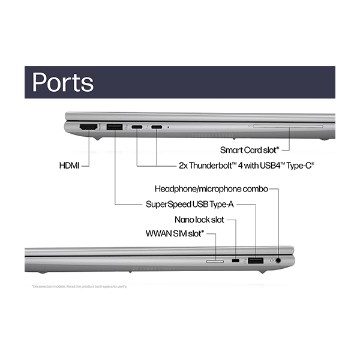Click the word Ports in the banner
tap(63, 82)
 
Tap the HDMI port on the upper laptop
tap(88, 127)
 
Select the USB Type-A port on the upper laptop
tap(115, 127)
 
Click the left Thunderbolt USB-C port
tap(137, 127)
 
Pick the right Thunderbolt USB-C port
tap(157, 127)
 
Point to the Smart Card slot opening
tap(287, 127)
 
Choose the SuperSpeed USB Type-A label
tap(188, 204)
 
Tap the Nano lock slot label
tap(200, 219)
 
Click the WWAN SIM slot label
tap(175, 233)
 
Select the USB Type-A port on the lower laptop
tap(256, 260)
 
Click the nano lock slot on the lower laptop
tap(236, 261)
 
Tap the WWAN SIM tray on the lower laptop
tap(214, 262)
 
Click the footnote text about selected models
tap(79, 286)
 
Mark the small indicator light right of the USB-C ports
tap(169, 127)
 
